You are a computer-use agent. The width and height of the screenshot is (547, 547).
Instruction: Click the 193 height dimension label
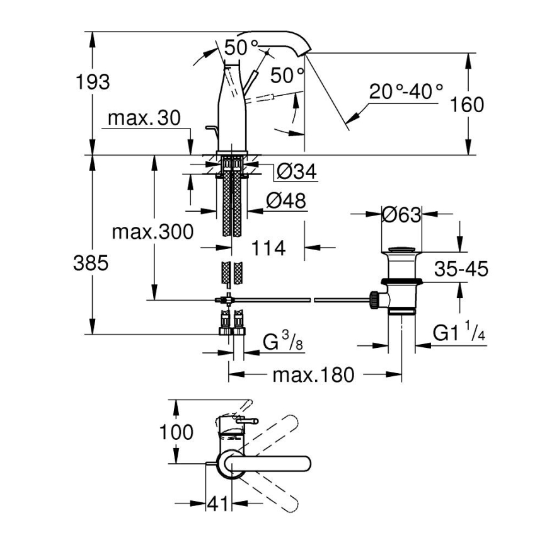coord(93,81)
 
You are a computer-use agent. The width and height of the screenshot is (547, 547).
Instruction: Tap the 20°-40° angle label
coord(406,92)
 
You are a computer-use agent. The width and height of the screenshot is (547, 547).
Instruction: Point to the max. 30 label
coord(144,118)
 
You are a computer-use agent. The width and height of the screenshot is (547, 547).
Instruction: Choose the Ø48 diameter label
coord(285,201)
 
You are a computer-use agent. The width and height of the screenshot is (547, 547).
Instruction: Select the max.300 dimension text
coord(153,232)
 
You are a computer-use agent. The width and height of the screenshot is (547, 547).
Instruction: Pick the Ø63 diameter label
coord(401,214)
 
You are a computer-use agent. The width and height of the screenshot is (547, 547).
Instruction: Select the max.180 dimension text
coord(313,376)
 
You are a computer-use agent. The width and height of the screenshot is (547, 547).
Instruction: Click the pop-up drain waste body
coord(401,284)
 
